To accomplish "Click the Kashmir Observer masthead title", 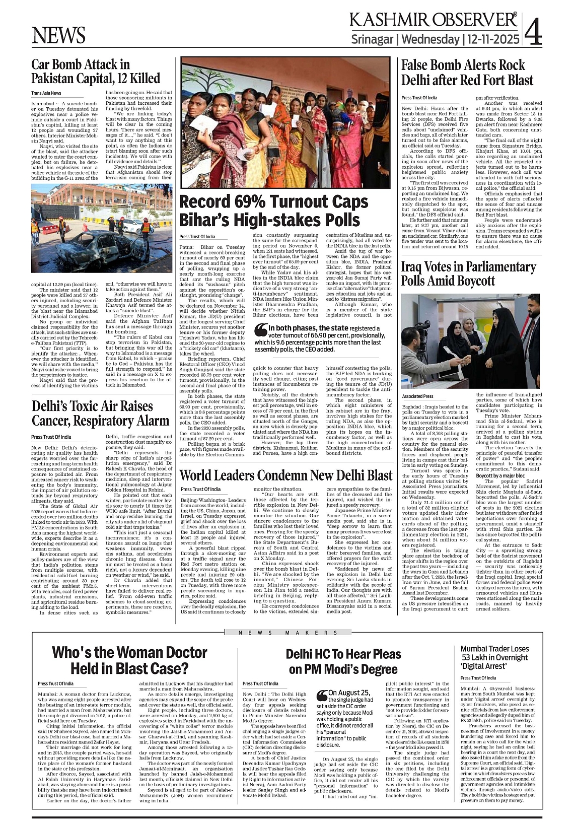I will [433, 20].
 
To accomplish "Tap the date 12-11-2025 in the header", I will [493, 39].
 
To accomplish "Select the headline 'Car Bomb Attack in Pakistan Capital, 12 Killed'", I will [96, 72].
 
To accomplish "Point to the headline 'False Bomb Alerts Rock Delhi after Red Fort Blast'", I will [467, 73].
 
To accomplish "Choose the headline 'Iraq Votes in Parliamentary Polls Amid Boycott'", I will [468, 273].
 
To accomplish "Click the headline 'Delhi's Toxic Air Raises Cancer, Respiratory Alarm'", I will [100, 413].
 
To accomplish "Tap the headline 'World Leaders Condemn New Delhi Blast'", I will [285, 475].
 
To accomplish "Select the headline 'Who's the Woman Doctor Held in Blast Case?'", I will [129, 660].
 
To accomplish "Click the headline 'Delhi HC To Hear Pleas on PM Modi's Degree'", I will [343, 661].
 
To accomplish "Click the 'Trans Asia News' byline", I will [46, 93].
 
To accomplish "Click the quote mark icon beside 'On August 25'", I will [322, 696].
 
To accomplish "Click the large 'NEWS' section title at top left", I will [58, 35].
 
